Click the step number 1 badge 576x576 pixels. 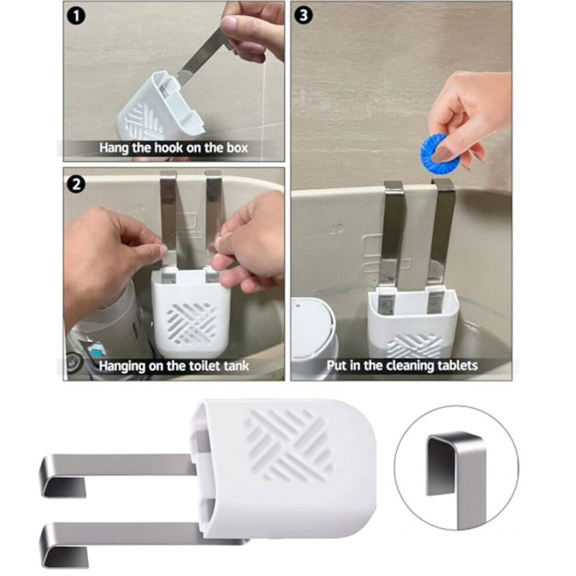coord(77,17)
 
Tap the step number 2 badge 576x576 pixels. coord(76,184)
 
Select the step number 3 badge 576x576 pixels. coord(304,16)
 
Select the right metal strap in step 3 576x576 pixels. coord(442,235)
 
